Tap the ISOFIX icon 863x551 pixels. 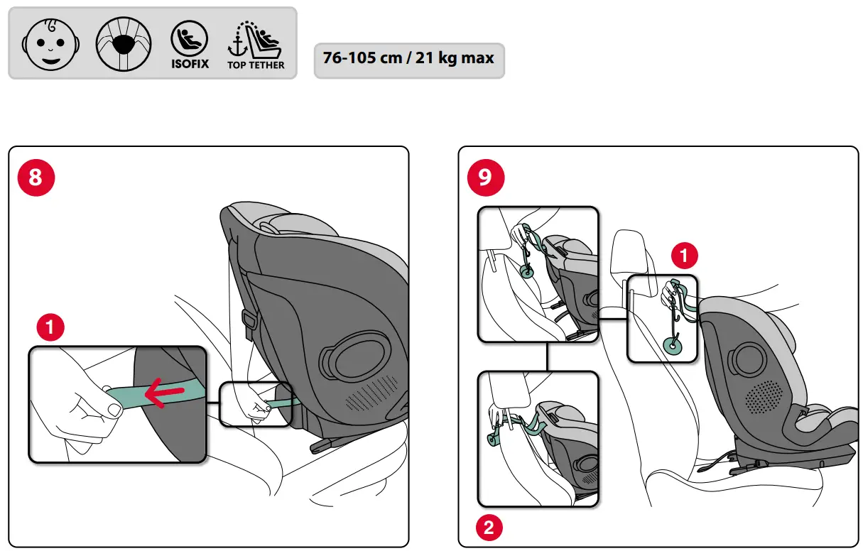(x=190, y=43)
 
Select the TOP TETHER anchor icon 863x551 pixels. (x=255, y=44)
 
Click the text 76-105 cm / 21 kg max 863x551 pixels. (x=408, y=58)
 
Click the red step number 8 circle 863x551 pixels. (x=36, y=177)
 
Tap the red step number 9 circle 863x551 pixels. (x=485, y=177)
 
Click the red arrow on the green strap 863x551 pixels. (x=164, y=393)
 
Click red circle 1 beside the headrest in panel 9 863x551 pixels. (x=683, y=256)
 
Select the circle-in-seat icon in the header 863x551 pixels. (x=124, y=44)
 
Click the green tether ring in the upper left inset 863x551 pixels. (x=528, y=271)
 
